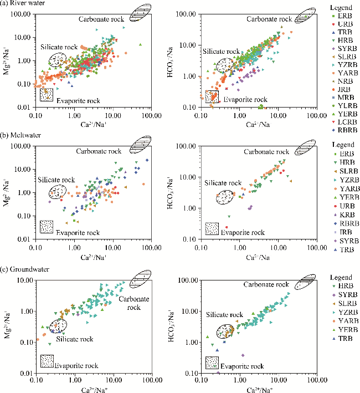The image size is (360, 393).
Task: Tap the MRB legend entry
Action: [343, 96]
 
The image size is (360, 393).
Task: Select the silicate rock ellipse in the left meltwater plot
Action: [56, 191]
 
